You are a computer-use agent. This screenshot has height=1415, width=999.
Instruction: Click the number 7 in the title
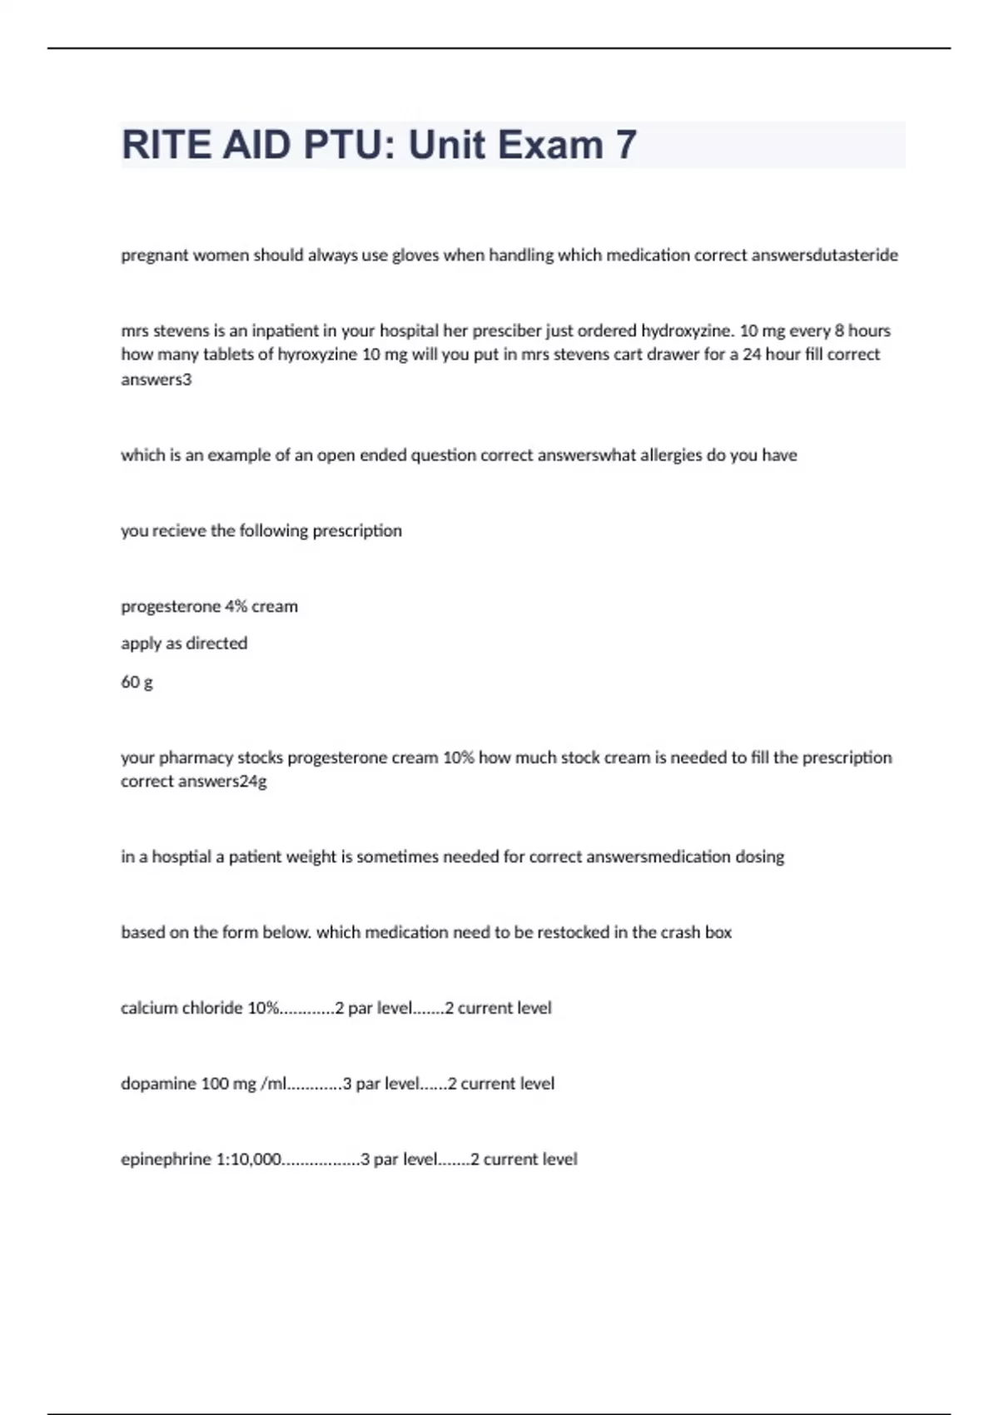(626, 145)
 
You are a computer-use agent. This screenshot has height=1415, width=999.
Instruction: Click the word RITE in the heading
(166, 145)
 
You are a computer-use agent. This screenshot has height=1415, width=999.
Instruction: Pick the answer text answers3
(157, 380)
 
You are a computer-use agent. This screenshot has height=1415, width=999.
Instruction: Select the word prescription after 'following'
(357, 531)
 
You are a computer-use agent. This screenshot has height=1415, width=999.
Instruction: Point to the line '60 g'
(137, 683)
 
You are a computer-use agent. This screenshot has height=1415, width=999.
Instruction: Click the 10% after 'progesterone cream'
(457, 757)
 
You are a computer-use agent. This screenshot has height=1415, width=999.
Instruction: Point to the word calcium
(148, 1008)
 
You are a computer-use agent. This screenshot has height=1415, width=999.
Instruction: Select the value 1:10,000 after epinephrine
(248, 1159)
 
